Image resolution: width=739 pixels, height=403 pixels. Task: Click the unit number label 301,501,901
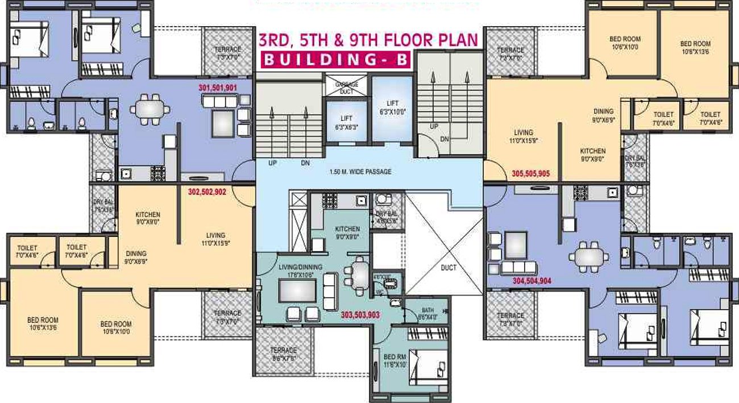click(x=218, y=88)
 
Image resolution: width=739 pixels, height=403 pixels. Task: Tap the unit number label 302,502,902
click(x=207, y=192)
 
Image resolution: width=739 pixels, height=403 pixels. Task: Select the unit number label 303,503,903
click(x=360, y=314)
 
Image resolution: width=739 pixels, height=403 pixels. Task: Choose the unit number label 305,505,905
click(x=531, y=174)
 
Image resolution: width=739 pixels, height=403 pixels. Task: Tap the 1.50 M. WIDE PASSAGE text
click(x=360, y=172)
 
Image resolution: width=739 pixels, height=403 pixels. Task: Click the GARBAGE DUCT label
click(x=346, y=88)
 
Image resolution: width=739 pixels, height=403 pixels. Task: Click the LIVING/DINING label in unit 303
click(x=301, y=268)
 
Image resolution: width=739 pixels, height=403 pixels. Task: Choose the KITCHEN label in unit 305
click(x=592, y=152)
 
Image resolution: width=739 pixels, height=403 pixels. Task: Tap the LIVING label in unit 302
click(x=215, y=235)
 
